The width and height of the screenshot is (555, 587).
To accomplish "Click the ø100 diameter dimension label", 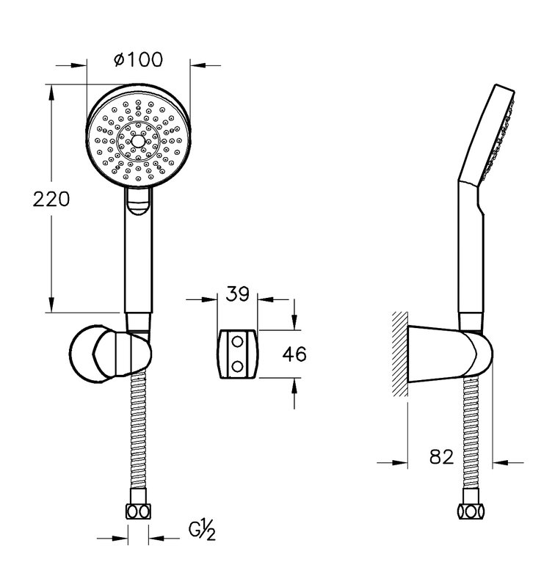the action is (x=139, y=59).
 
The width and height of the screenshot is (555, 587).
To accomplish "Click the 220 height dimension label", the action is (x=51, y=199).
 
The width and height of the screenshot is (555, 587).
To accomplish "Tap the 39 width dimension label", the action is (x=237, y=293).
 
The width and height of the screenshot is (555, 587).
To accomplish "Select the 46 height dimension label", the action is (x=294, y=354).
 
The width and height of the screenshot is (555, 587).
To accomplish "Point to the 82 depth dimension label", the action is (x=441, y=456).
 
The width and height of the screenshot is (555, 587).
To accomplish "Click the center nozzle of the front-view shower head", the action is (x=138, y=142).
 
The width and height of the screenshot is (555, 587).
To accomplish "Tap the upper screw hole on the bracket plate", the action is (x=237, y=342).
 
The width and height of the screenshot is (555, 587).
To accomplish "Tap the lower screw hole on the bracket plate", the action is (x=237, y=366).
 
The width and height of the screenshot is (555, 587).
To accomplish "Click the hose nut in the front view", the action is (x=138, y=511).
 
